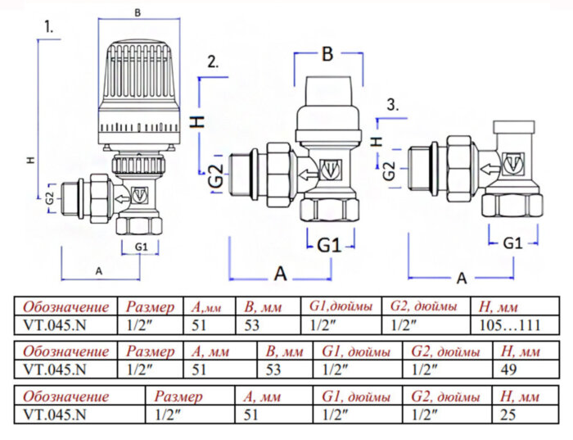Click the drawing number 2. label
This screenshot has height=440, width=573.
[x=213, y=61]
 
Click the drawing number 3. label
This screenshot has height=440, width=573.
[x=394, y=104]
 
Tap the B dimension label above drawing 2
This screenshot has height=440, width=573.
[x=327, y=54]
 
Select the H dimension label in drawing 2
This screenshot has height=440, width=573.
[x=196, y=121]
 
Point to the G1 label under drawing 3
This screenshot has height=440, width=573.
[x=512, y=243]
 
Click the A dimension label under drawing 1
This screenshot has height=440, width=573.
[x=99, y=270]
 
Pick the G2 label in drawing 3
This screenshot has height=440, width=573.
[x=390, y=171]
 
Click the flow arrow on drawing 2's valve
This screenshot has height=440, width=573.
[x=305, y=173]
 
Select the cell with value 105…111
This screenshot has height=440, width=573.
[x=508, y=324]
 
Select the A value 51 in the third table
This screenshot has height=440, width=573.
[x=250, y=415]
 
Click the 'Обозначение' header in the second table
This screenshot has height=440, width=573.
[x=65, y=352]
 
